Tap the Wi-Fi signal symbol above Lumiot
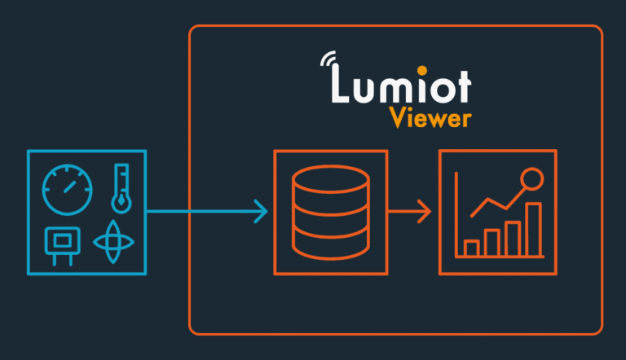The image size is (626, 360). (329, 61)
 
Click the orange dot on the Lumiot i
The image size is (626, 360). (425, 69)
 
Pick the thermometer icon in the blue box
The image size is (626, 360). (121, 186)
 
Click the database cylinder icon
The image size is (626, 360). (330, 212)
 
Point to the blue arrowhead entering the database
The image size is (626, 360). (262, 212)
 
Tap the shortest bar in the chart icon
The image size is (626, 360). (471, 247)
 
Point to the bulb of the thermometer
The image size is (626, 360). (121, 200)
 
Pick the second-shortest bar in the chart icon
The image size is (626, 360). (492, 242)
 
